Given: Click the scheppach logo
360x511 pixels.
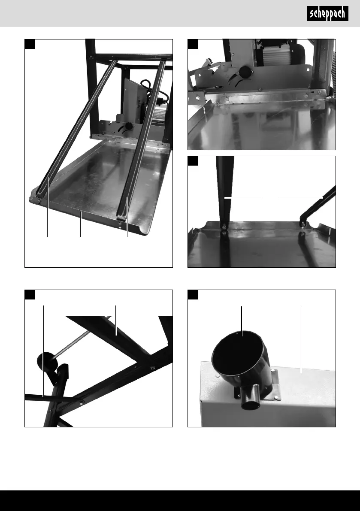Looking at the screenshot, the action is (327, 14).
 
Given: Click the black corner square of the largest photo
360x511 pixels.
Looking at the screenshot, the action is (30, 44).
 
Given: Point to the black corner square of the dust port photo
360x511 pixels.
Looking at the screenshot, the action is (193, 295).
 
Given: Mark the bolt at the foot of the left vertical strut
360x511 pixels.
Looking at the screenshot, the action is (224, 227).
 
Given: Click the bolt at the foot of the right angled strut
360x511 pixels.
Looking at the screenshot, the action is (303, 224).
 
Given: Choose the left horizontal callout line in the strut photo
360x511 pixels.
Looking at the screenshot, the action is (243, 197).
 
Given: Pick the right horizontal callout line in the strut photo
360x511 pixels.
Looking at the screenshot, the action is (301, 197).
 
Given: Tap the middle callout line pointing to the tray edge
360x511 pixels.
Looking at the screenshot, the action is (81, 224).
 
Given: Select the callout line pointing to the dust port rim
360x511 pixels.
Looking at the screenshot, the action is (242, 321).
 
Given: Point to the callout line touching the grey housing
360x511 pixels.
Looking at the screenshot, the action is (301, 339).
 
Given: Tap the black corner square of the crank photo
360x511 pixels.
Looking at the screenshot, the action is (30, 295).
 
